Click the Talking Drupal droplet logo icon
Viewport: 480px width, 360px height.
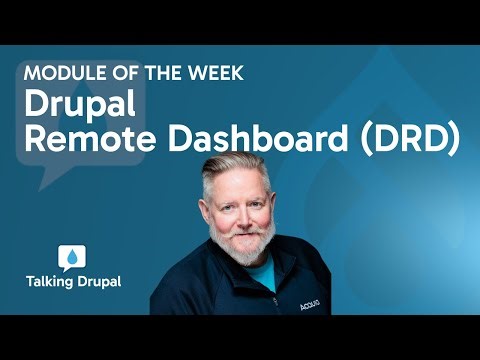click(x=72, y=257)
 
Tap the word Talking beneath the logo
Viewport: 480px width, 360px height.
click(x=50, y=283)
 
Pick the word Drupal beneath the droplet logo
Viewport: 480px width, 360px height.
click(x=98, y=283)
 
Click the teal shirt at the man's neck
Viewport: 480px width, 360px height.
click(x=262, y=270)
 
